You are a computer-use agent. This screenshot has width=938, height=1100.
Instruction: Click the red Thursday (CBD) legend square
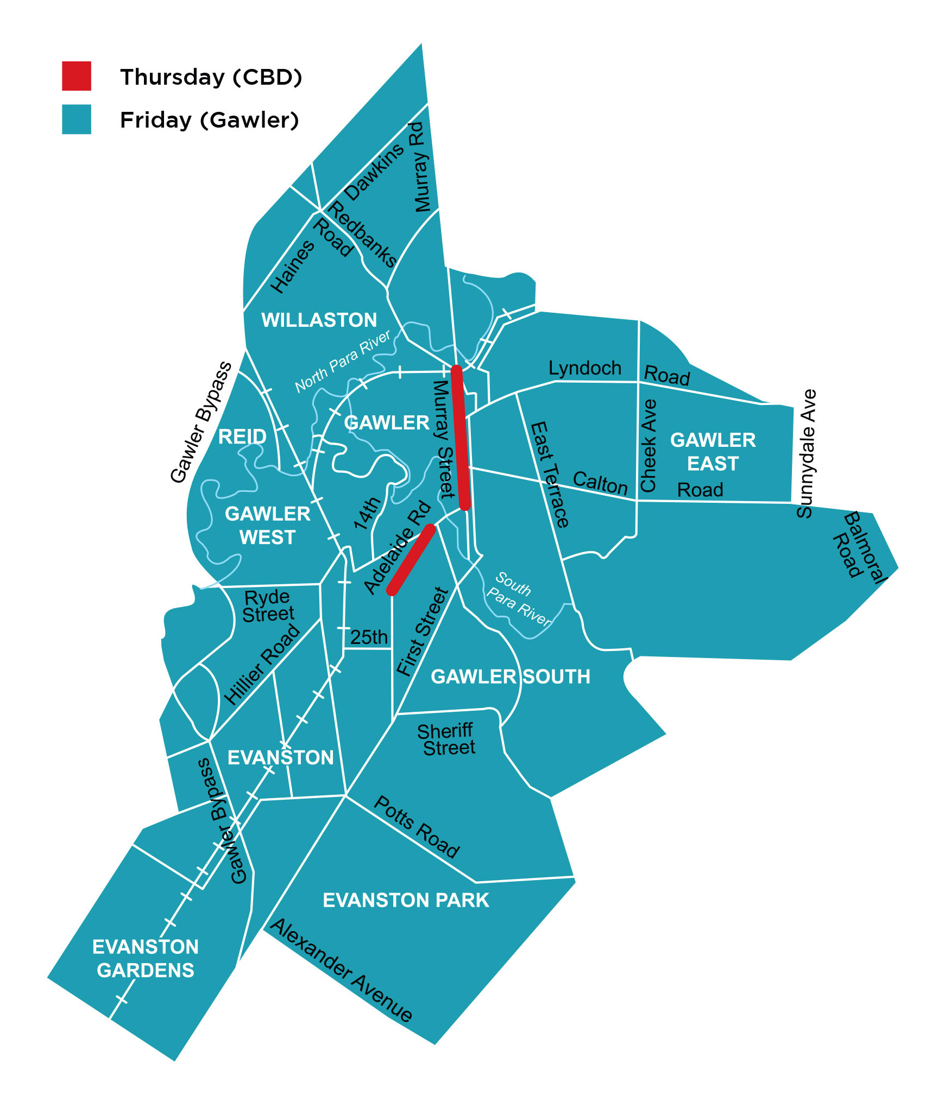pos(77,76)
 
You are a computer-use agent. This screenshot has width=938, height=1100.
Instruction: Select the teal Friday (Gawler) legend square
pos(77,119)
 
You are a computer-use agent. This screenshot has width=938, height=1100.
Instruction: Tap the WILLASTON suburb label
pos(319,320)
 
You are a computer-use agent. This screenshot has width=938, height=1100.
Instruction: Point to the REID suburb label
pos(242,437)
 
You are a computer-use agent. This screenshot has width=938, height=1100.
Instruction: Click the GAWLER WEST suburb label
pos(268,525)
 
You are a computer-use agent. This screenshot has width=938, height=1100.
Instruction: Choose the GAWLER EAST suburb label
pos(713,452)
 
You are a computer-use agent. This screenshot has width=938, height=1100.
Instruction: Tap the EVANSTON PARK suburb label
pos(406,900)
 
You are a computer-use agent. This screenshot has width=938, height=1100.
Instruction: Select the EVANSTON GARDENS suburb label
pos(146,958)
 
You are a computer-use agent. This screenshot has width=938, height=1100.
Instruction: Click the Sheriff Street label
pos(446,739)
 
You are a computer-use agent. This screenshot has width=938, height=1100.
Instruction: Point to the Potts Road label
pos(417,826)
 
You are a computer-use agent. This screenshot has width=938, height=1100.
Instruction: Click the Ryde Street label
pos(268,605)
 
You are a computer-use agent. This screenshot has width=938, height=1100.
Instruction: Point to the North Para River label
pos(342,361)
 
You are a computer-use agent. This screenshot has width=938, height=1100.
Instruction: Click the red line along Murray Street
pos(461,438)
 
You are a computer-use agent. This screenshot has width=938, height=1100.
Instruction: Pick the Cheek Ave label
pos(649,445)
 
